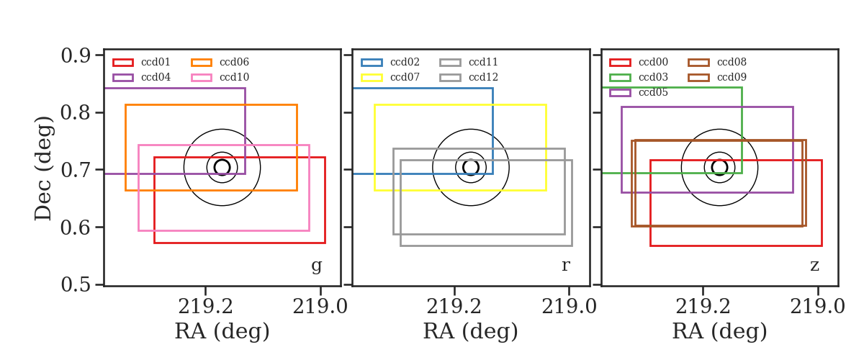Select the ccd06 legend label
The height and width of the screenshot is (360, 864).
(234, 62)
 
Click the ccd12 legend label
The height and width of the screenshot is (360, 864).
(483, 77)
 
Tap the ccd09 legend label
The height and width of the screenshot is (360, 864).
(732, 77)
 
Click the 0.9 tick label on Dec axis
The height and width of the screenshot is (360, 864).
(76, 55)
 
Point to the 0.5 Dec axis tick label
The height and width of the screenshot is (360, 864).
(76, 284)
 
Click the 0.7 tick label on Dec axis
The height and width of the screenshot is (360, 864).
(76, 170)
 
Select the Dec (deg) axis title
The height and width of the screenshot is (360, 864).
(43, 168)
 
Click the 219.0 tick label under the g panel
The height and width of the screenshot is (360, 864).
(320, 307)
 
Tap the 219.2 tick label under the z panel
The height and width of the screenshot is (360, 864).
(703, 307)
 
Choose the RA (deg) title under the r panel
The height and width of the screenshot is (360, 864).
(471, 331)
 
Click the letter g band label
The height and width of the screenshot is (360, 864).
(316, 266)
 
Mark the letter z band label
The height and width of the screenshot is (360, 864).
(814, 266)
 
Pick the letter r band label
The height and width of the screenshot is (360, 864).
(565, 266)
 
